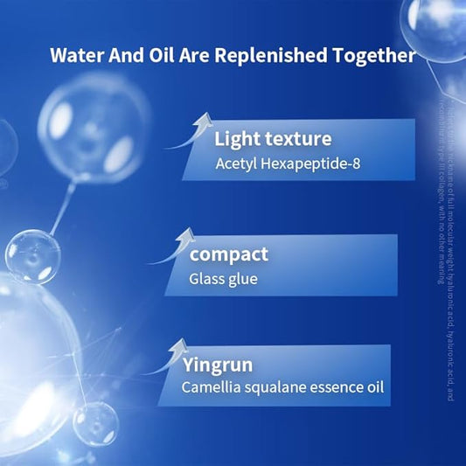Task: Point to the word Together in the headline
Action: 372,57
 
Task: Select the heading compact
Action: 228,255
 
